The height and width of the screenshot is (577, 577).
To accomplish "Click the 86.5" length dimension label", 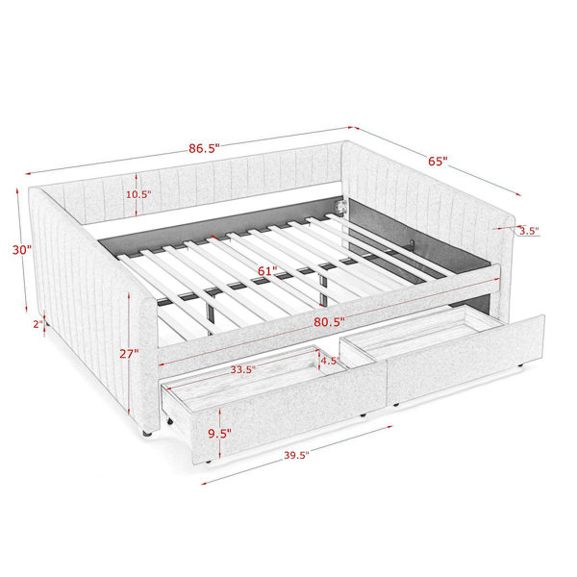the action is coord(204,148).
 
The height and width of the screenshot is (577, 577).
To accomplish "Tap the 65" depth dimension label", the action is coord(438,162).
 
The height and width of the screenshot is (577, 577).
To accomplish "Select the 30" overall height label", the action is coord(22,250).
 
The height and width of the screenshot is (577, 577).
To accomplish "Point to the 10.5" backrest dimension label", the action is coord(138,194).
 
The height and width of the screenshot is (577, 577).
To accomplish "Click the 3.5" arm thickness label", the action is coord(529,231).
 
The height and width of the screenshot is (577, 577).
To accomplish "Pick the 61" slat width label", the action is coord(267,271).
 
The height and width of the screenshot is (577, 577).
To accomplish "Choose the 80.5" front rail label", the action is coord(329,322).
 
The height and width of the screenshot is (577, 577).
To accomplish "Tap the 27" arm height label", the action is coord(129,354).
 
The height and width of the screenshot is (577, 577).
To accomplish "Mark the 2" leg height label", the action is coord(38,324).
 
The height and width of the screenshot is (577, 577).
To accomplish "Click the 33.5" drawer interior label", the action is coord(243,369).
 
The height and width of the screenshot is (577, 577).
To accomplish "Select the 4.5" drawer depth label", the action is coord(329,361).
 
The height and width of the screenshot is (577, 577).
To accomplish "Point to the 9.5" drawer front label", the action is coord(219,434).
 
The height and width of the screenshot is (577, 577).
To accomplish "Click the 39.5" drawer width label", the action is coord(296,455).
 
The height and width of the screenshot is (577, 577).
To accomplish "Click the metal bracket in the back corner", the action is coord(341,206).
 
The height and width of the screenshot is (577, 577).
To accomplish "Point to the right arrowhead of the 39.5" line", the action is coord(389,427).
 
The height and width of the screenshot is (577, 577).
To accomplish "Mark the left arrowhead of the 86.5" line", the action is coord(29,174).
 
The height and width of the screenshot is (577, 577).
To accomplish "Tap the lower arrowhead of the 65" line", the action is coord(518,194).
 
